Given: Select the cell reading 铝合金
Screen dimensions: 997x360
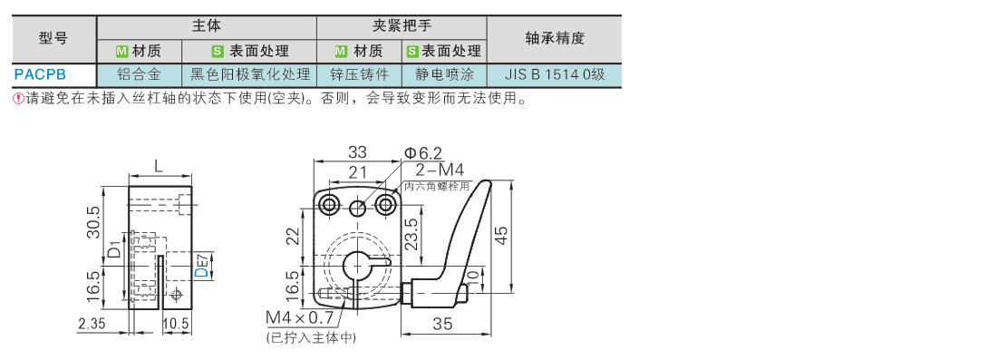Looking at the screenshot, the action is pos(139,74).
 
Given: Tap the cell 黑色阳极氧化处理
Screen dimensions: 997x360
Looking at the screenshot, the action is pos(250,74).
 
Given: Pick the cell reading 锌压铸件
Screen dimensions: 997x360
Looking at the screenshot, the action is pos(359,74).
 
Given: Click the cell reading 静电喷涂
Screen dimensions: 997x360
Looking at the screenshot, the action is pos(444,74).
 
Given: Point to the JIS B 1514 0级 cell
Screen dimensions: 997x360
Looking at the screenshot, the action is pos(555,74).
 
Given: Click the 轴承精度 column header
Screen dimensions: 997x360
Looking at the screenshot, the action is pos(555,39).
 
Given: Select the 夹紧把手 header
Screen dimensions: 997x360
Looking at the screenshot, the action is pos(402,26).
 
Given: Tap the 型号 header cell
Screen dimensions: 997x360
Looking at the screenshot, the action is pos(53,39).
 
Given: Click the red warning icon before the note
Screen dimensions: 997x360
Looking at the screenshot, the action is pos(18,100).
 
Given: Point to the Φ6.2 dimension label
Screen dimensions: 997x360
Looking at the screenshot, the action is pos(423,152).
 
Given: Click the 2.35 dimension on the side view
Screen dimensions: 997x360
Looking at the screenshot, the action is pos(91,323).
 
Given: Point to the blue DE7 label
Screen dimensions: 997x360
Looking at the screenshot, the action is pos(201,265).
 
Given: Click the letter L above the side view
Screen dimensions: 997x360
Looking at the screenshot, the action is pos(159,166).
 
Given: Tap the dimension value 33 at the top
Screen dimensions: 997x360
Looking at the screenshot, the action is pos(358,152).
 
